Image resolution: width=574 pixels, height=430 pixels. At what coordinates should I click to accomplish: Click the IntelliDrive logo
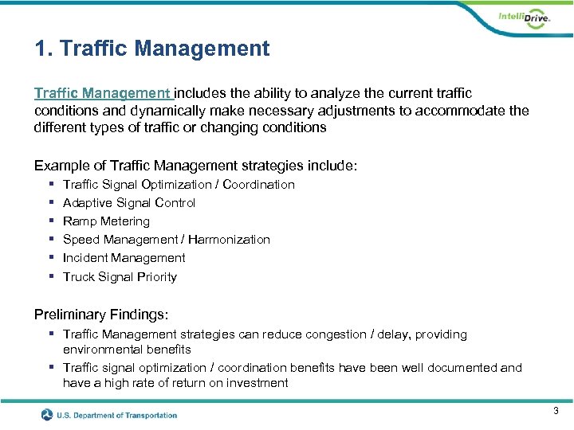(x=523, y=19)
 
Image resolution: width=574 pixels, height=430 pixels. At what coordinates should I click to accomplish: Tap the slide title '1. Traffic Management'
(x=152, y=49)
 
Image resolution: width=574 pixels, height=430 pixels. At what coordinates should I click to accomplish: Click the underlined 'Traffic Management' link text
(x=103, y=93)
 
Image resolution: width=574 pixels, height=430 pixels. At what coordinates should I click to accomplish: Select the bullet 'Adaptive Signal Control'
(x=129, y=202)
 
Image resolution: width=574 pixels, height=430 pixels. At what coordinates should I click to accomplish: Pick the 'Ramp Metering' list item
(x=106, y=221)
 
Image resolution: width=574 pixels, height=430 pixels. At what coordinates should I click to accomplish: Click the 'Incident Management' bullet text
(x=124, y=258)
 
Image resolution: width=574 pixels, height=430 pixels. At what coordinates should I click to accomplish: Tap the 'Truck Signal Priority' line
(x=120, y=276)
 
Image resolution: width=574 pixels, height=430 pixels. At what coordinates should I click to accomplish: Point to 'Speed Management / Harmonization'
(x=166, y=239)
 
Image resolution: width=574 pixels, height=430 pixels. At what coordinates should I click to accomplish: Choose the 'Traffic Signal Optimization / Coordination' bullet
(x=179, y=184)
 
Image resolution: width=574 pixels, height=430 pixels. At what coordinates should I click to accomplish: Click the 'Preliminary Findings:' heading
(x=101, y=315)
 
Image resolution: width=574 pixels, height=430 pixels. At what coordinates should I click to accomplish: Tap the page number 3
(x=555, y=410)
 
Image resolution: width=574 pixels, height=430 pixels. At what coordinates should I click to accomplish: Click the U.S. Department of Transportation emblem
(x=48, y=415)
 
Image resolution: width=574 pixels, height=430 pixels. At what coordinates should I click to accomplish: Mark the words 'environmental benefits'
(x=127, y=349)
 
